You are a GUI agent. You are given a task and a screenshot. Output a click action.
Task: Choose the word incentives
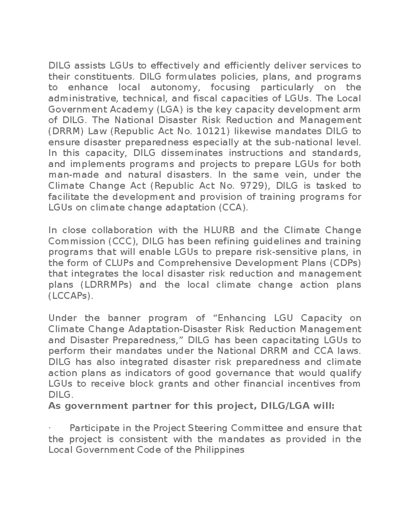tap(312, 384)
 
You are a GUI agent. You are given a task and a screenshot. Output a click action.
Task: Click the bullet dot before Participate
tap(50, 428)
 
